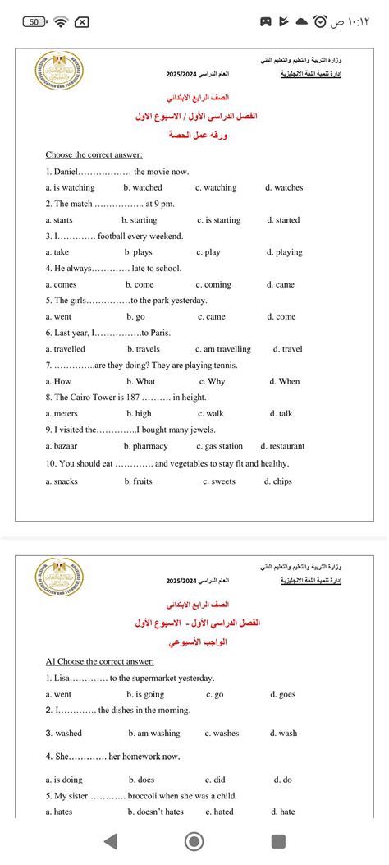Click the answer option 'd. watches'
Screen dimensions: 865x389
[284, 188]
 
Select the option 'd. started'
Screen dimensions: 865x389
[283, 220]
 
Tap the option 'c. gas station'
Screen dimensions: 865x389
[219, 446]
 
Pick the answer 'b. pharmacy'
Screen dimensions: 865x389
[145, 446]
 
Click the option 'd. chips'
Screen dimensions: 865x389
[277, 481]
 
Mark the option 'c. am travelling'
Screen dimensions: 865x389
[223, 349]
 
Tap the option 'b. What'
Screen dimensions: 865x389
[140, 381]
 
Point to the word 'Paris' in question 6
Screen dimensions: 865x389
[157, 333]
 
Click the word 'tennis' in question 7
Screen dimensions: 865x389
[223, 365]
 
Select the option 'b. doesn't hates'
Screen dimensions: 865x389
[156, 812]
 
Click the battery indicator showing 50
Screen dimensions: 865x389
[34, 21]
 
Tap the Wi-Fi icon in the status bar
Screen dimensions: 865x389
[59, 21]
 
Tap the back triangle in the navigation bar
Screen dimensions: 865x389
[111, 840]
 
